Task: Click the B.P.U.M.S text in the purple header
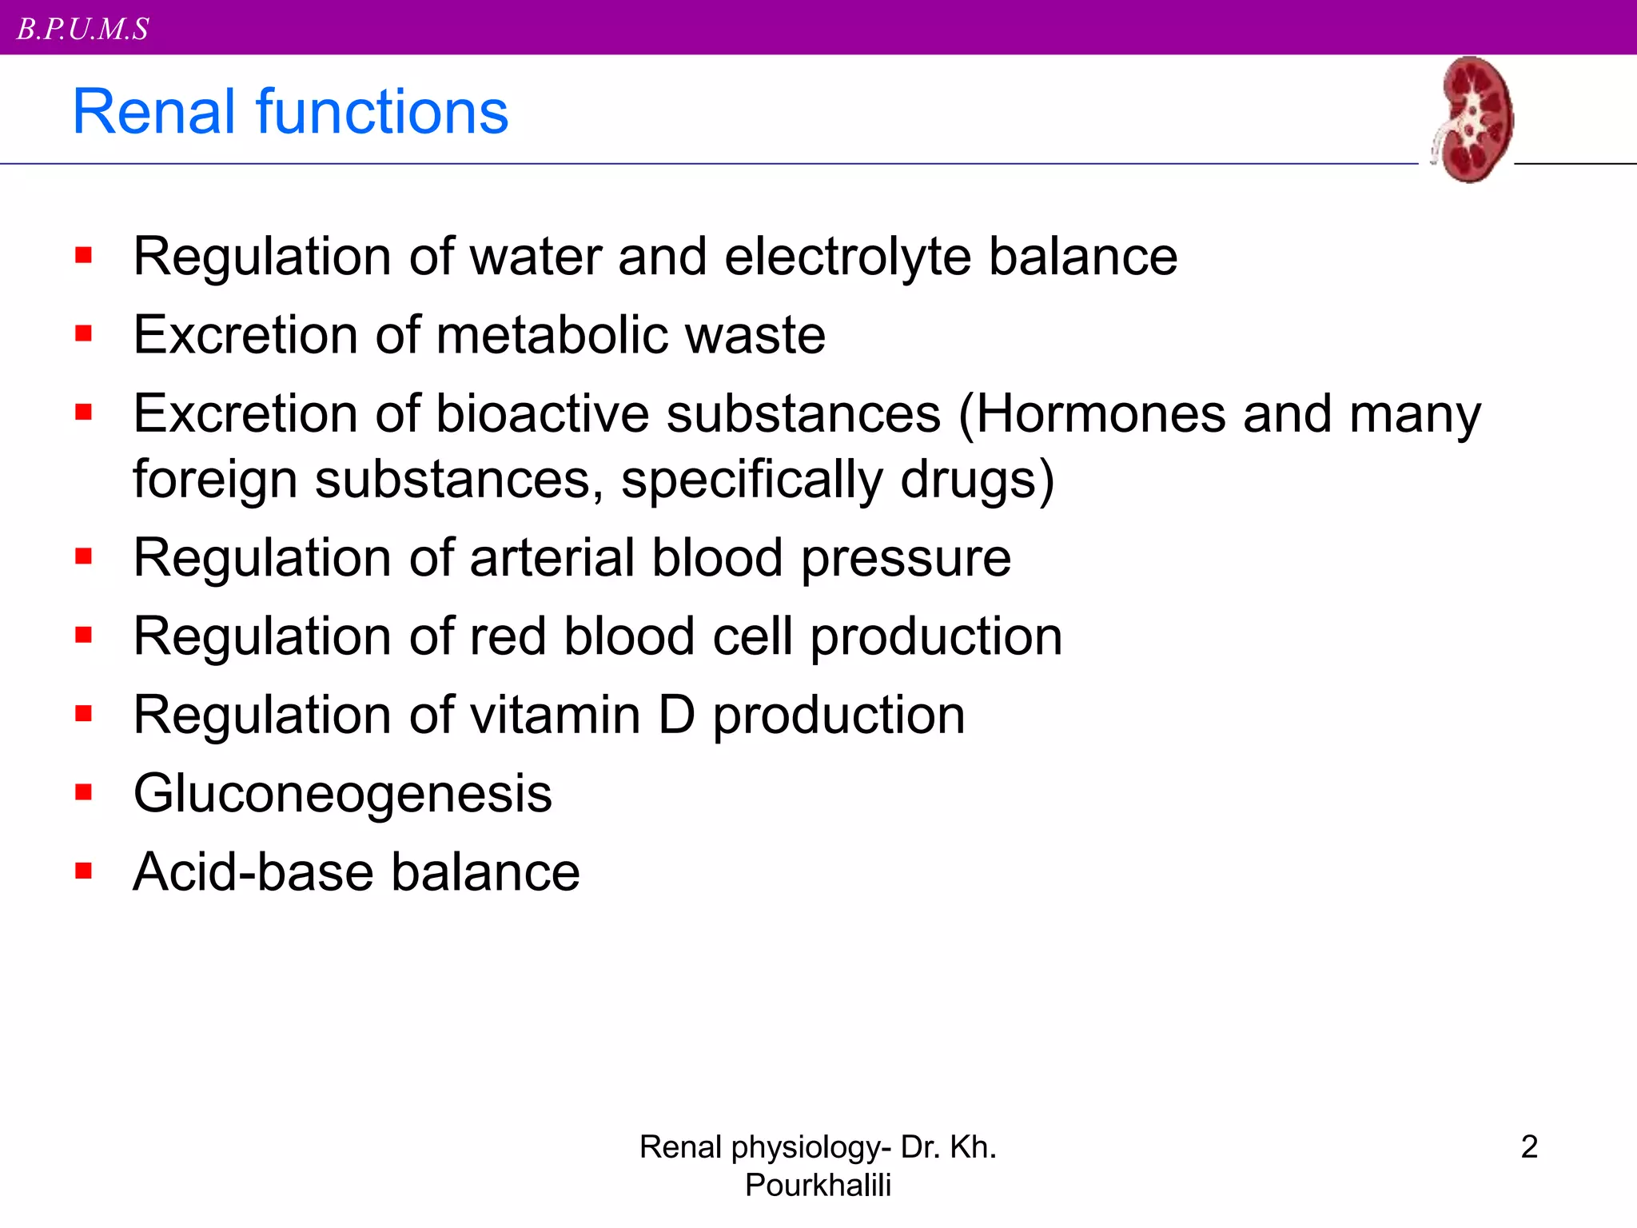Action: pos(83,30)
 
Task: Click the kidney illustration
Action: pos(1472,120)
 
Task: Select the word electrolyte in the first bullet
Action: pos(847,257)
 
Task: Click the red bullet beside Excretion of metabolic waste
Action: pos(84,333)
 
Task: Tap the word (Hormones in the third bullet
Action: pos(1091,416)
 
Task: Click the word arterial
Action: pos(552,557)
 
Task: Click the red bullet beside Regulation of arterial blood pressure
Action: pos(84,556)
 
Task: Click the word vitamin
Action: pos(555,715)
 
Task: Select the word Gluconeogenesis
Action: pos(343,794)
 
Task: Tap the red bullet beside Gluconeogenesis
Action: pos(84,792)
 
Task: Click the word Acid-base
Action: pos(253,871)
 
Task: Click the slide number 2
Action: pos(1529,1146)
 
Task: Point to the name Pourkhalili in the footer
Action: pos(818,1185)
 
